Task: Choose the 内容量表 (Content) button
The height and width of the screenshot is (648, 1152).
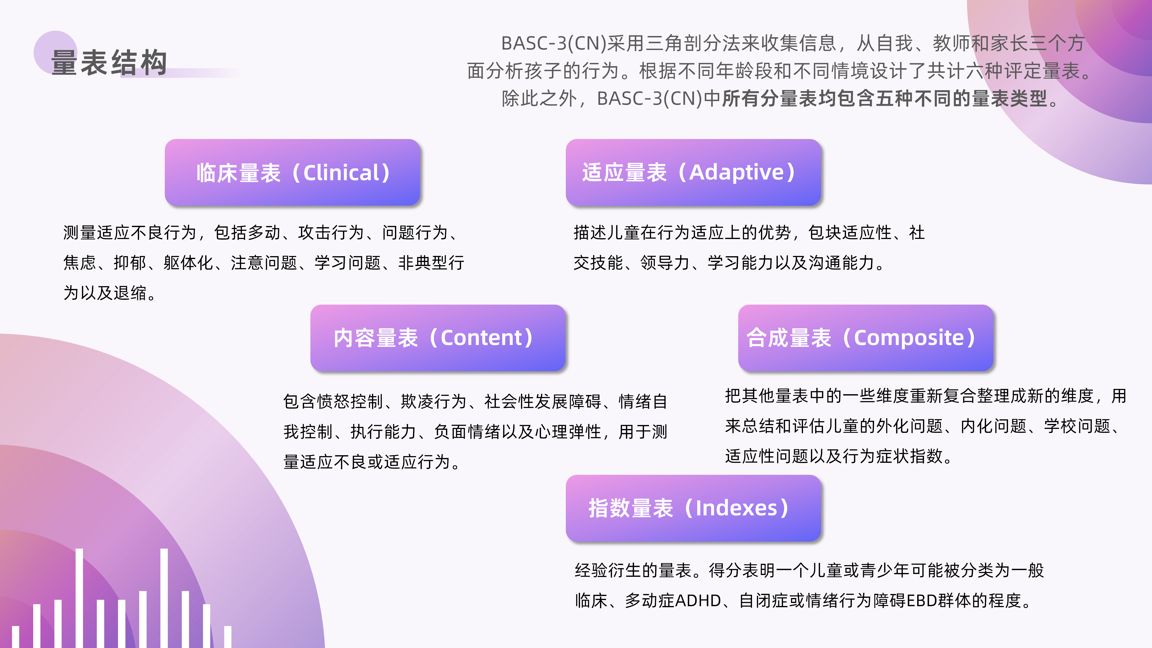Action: [x=437, y=338]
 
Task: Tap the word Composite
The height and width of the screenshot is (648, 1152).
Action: [x=909, y=338]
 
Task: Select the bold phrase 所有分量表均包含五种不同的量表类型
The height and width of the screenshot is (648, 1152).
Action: [x=885, y=98]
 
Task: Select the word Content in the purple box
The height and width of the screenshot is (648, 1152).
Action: [x=481, y=338]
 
